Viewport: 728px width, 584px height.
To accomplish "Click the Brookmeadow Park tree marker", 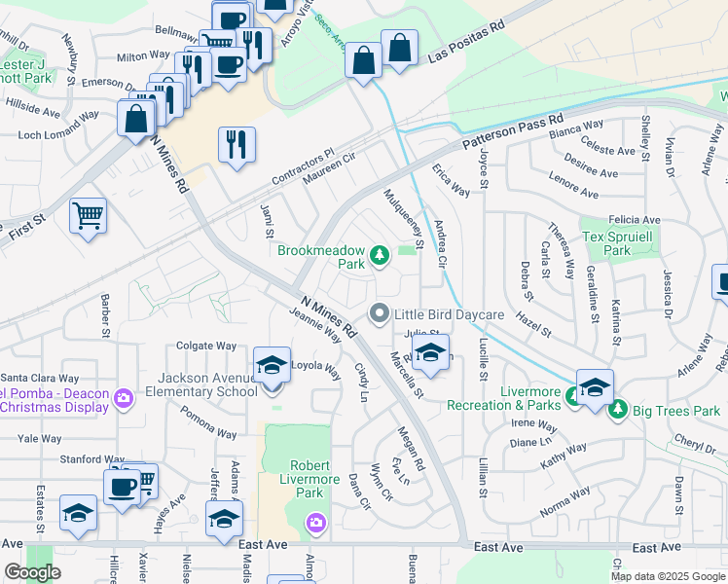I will [380, 256].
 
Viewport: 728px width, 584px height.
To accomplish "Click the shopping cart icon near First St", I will [88, 215].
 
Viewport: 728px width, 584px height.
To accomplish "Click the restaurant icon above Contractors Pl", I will [237, 145].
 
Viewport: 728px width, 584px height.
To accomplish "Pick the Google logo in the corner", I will [32, 572].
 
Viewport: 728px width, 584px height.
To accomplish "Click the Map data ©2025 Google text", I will [667, 576].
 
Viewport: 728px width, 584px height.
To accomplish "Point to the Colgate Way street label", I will [206, 346].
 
